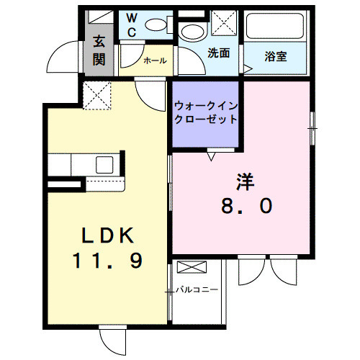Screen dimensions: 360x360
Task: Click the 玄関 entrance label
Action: tap(99, 51)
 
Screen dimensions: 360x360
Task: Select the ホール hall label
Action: tap(155, 62)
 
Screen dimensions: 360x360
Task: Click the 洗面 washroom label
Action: tap(218, 53)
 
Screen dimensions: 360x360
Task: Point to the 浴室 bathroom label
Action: tap(275, 55)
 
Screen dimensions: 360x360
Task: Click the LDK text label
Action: tap(107, 235)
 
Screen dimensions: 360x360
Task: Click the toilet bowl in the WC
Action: tap(155, 24)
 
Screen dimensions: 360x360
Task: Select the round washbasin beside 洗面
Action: tap(191, 32)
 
